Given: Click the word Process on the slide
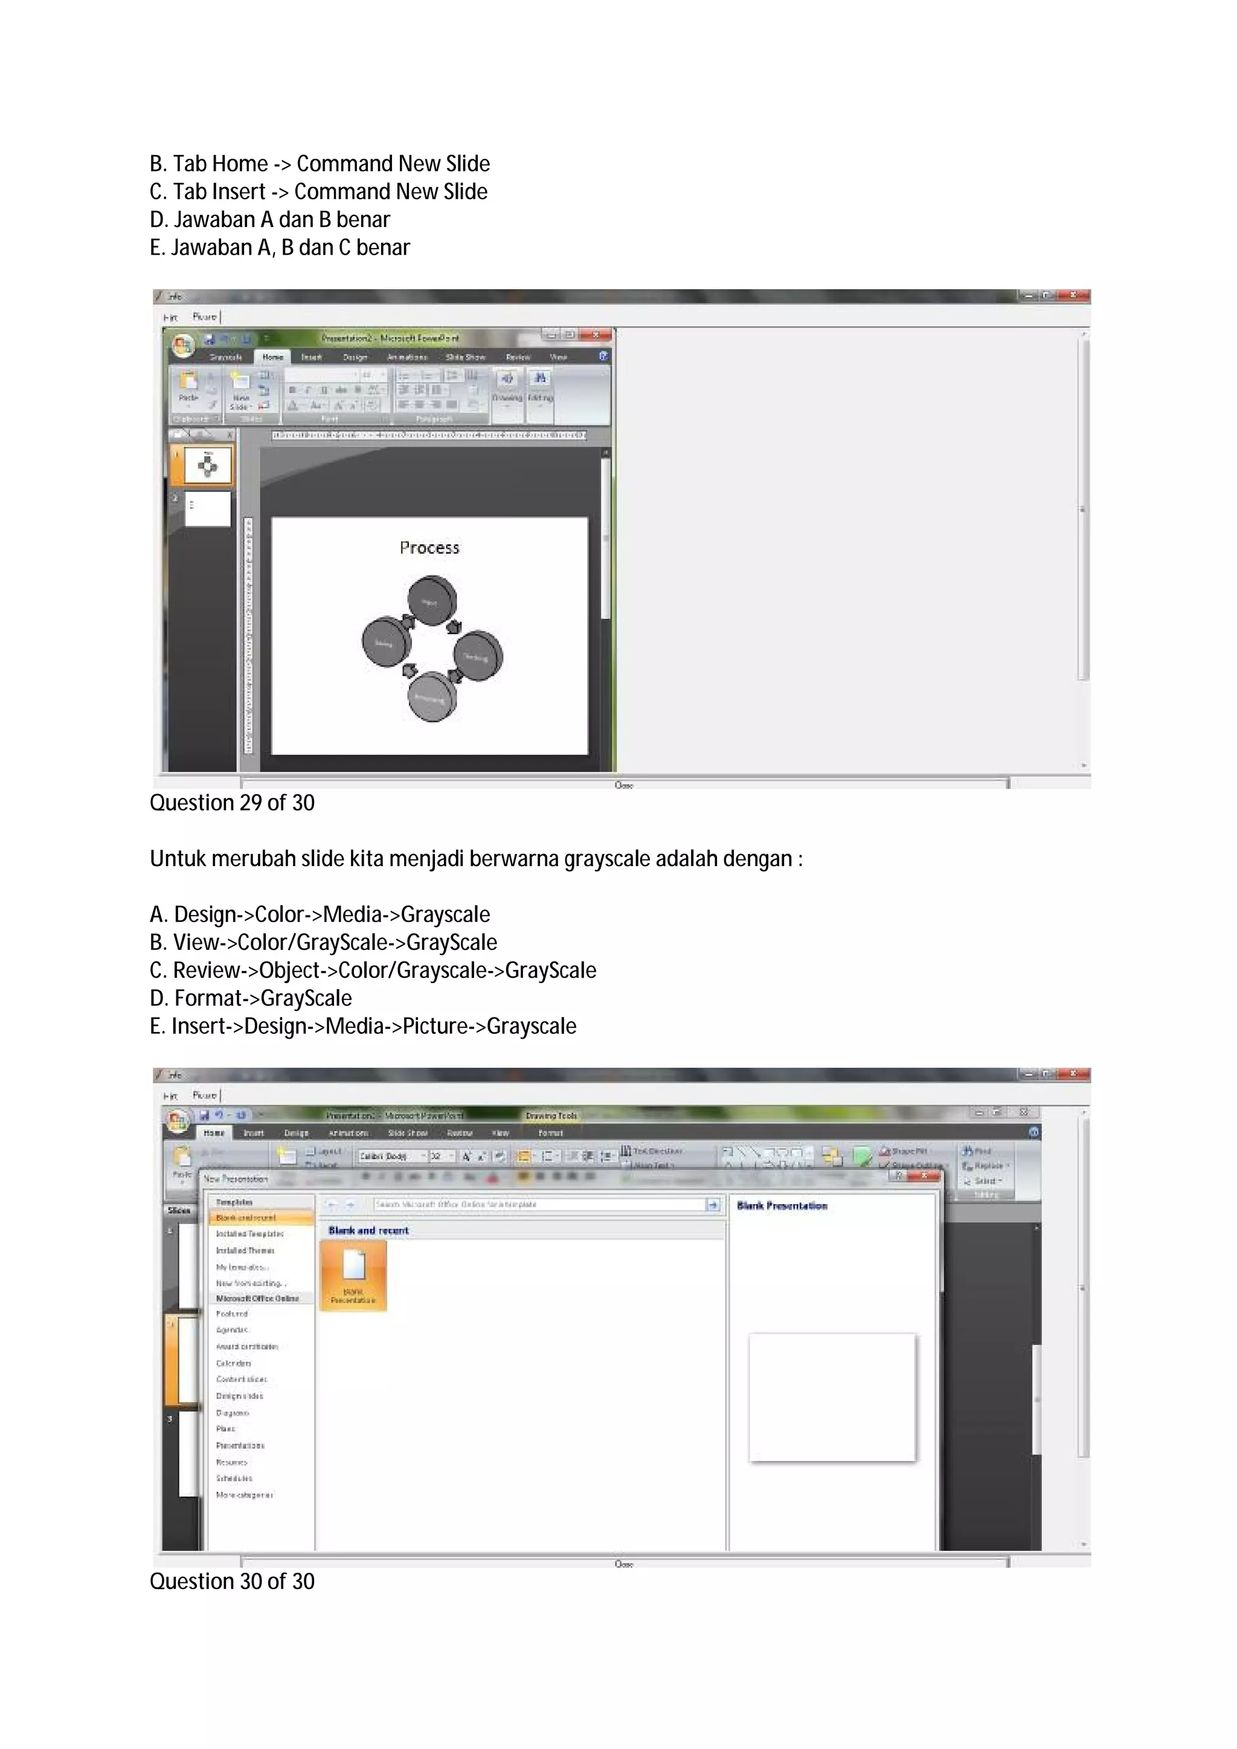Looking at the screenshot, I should coord(429,548).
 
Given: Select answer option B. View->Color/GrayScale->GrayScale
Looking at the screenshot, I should coord(323,942).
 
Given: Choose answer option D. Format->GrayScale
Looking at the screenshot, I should coord(251,998).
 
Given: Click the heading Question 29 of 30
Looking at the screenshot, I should coord(232,803).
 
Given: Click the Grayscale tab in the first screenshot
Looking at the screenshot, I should coord(226,357).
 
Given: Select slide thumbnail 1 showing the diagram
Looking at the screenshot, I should coord(207,464).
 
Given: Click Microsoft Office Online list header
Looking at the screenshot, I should coord(257,1298).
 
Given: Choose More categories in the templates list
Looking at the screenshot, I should coord(244,1494).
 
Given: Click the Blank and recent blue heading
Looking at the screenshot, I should coord(368,1230).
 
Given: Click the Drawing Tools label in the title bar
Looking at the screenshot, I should coord(551,1115).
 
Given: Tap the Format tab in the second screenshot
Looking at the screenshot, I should coord(550,1133).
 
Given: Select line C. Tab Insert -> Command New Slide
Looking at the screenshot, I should coord(318,191).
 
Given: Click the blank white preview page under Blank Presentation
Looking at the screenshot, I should coord(832,1397).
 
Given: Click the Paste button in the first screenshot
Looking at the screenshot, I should coord(187,387).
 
